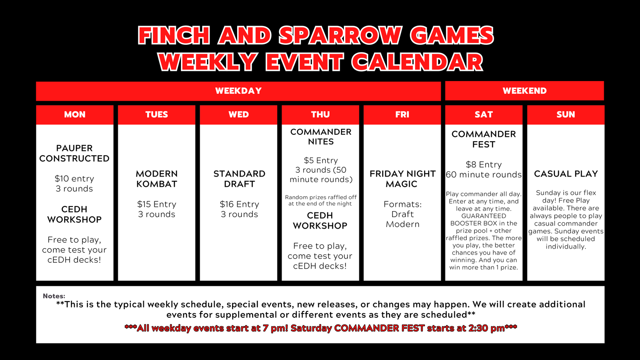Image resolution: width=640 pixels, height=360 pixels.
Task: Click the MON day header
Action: pyautogui.click(x=75, y=115)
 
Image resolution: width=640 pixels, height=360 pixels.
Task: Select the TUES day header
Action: pyautogui.click(x=157, y=115)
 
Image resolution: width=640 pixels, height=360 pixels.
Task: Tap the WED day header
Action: pyautogui.click(x=239, y=115)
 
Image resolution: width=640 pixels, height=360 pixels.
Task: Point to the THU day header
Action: pyautogui.click(x=320, y=115)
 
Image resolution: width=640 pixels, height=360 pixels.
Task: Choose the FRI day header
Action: pyautogui.click(x=402, y=115)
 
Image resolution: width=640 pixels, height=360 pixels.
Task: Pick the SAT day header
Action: pyautogui.click(x=484, y=115)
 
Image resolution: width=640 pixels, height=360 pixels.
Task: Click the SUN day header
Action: pyautogui.click(x=566, y=115)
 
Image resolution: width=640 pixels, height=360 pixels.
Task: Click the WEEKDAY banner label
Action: pyautogui.click(x=238, y=91)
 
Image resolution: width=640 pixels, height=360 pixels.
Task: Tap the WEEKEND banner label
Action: pyautogui.click(x=524, y=91)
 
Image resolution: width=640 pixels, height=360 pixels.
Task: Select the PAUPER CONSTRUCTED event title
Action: pyautogui.click(x=74, y=154)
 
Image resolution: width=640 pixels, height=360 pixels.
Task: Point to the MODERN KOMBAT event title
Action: pyautogui.click(x=157, y=179)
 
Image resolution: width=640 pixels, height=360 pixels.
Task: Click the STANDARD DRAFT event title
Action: pyautogui.click(x=239, y=179)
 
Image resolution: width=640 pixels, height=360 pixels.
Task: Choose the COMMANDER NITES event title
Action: pyautogui.click(x=321, y=137)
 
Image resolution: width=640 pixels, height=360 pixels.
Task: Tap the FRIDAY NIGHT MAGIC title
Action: pyautogui.click(x=403, y=179)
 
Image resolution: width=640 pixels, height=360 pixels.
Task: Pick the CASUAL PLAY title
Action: pyautogui.click(x=566, y=174)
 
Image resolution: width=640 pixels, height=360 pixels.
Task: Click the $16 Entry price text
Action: pyautogui.click(x=239, y=204)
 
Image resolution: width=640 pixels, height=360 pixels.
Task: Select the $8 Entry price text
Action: pyautogui.click(x=484, y=165)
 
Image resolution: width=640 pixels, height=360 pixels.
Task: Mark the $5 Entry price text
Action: pyautogui.click(x=321, y=160)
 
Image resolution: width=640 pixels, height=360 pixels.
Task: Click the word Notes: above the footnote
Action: pyautogui.click(x=54, y=296)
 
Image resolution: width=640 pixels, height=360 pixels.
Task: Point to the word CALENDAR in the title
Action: pyautogui.click(x=417, y=62)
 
